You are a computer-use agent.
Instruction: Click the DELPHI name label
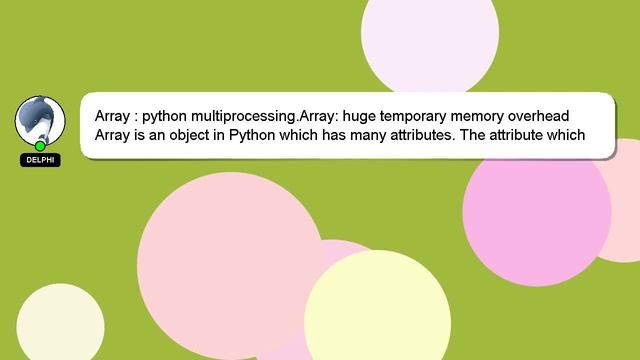tap(40, 160)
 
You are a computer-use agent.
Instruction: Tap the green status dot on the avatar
tap(41, 146)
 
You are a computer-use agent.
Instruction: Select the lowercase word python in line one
tap(155, 114)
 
